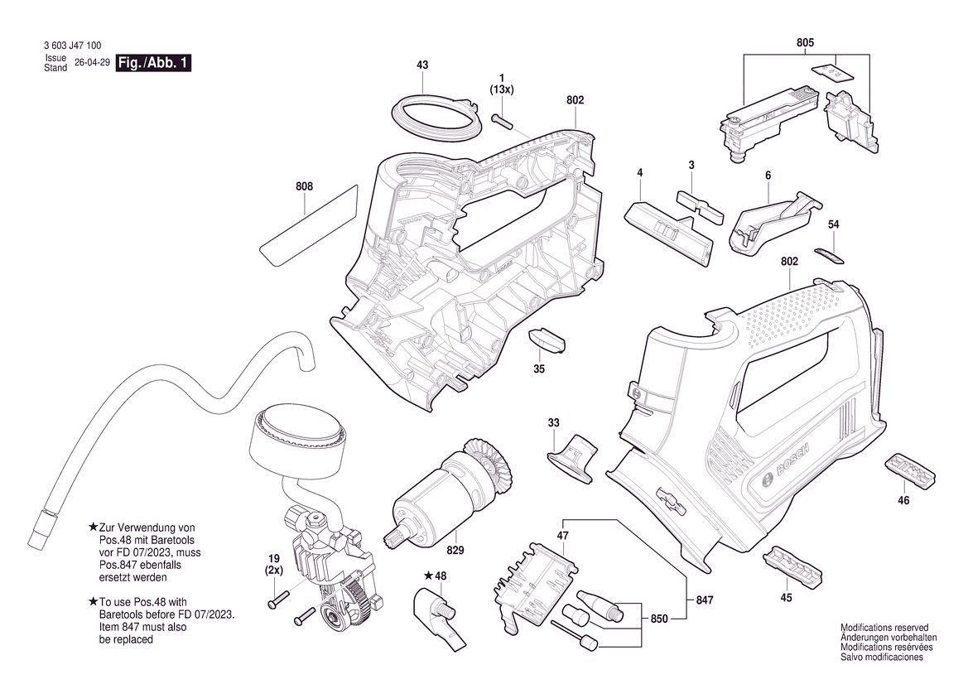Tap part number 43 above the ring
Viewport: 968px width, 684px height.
coord(422,65)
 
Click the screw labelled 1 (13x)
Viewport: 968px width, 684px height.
coord(503,120)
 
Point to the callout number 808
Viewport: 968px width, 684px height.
coord(305,186)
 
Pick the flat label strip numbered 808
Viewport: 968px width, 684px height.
coord(308,225)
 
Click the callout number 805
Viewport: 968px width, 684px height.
coord(805,43)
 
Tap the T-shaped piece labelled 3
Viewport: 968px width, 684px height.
coord(700,206)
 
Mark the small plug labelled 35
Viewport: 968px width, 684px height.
coord(547,340)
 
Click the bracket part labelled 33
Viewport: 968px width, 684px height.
coord(572,457)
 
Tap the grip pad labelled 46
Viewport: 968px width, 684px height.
coord(911,470)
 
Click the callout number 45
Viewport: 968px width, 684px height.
coord(786,598)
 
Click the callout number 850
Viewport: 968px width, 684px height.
coord(659,619)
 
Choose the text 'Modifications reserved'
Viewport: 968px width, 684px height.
coord(884,627)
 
